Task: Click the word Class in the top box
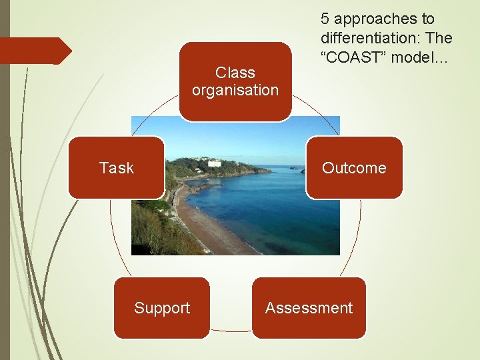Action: pyautogui.click(x=235, y=72)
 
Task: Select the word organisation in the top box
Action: pyautogui.click(x=235, y=90)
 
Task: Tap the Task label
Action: pyautogui.click(x=116, y=168)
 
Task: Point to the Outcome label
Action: pyautogui.click(x=354, y=168)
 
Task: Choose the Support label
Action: pyautogui.click(x=162, y=308)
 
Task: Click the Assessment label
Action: pyautogui.click(x=309, y=308)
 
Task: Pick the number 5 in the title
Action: pyautogui.click(x=325, y=19)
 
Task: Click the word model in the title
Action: pyautogui.click(x=413, y=57)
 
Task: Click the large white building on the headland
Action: pyautogui.click(x=215, y=163)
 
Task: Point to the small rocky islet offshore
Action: pyautogui.click(x=293, y=168)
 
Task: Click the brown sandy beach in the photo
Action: pyautogui.click(x=207, y=230)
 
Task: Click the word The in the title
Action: pyautogui.click(x=440, y=38)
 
